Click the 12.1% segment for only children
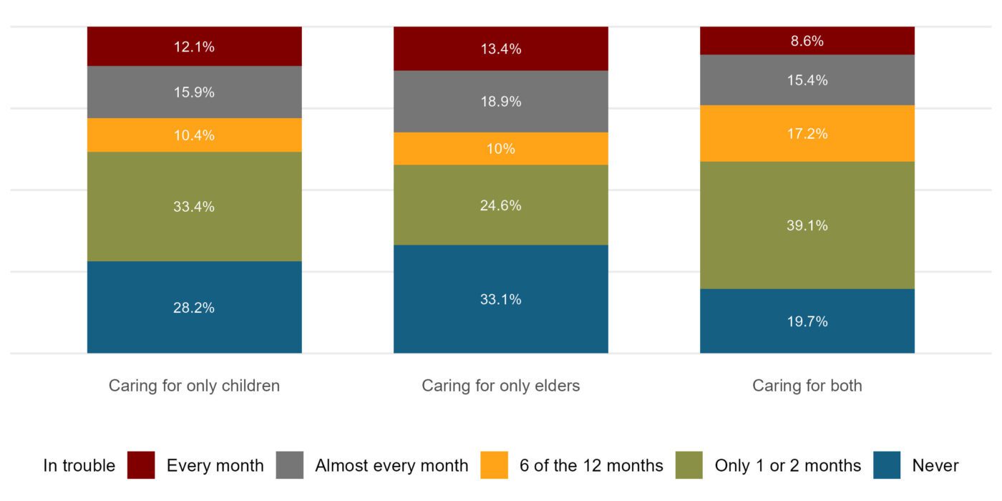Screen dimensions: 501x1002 (194, 47)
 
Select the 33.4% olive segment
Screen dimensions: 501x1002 (194, 206)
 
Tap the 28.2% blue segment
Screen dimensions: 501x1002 (194, 307)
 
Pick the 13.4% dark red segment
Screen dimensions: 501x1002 (500, 49)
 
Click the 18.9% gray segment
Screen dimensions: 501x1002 (500, 102)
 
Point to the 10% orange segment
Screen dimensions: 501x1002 (500, 149)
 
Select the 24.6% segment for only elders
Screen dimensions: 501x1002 (500, 205)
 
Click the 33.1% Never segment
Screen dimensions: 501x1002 (500, 299)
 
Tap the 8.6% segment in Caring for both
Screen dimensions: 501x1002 (807, 41)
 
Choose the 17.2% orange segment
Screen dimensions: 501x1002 (807, 133)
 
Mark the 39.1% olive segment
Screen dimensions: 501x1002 (807, 225)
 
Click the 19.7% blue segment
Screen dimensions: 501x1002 (807, 321)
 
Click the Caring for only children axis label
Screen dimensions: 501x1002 (194, 386)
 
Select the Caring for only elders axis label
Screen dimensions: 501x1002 (500, 386)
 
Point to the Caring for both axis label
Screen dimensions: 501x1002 (807, 386)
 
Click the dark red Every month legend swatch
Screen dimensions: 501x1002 (141, 465)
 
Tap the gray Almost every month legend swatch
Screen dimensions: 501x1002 (290, 465)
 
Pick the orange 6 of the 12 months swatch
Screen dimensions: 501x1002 (495, 465)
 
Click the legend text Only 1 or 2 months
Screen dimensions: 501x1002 (787, 466)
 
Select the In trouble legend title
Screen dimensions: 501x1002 (79, 466)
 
